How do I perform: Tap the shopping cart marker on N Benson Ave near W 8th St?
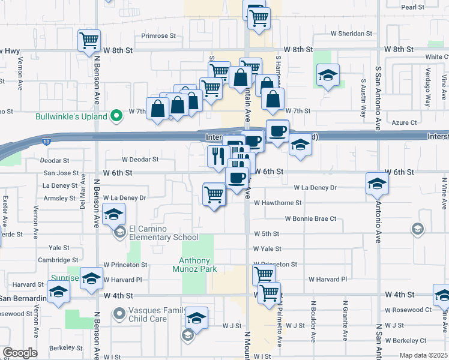(x=89, y=41)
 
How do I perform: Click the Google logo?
(x=19, y=353)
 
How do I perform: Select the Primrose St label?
(x=158, y=36)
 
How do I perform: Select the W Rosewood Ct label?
(x=408, y=310)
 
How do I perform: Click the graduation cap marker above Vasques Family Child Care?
(x=196, y=317)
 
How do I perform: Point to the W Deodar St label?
(x=140, y=160)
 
